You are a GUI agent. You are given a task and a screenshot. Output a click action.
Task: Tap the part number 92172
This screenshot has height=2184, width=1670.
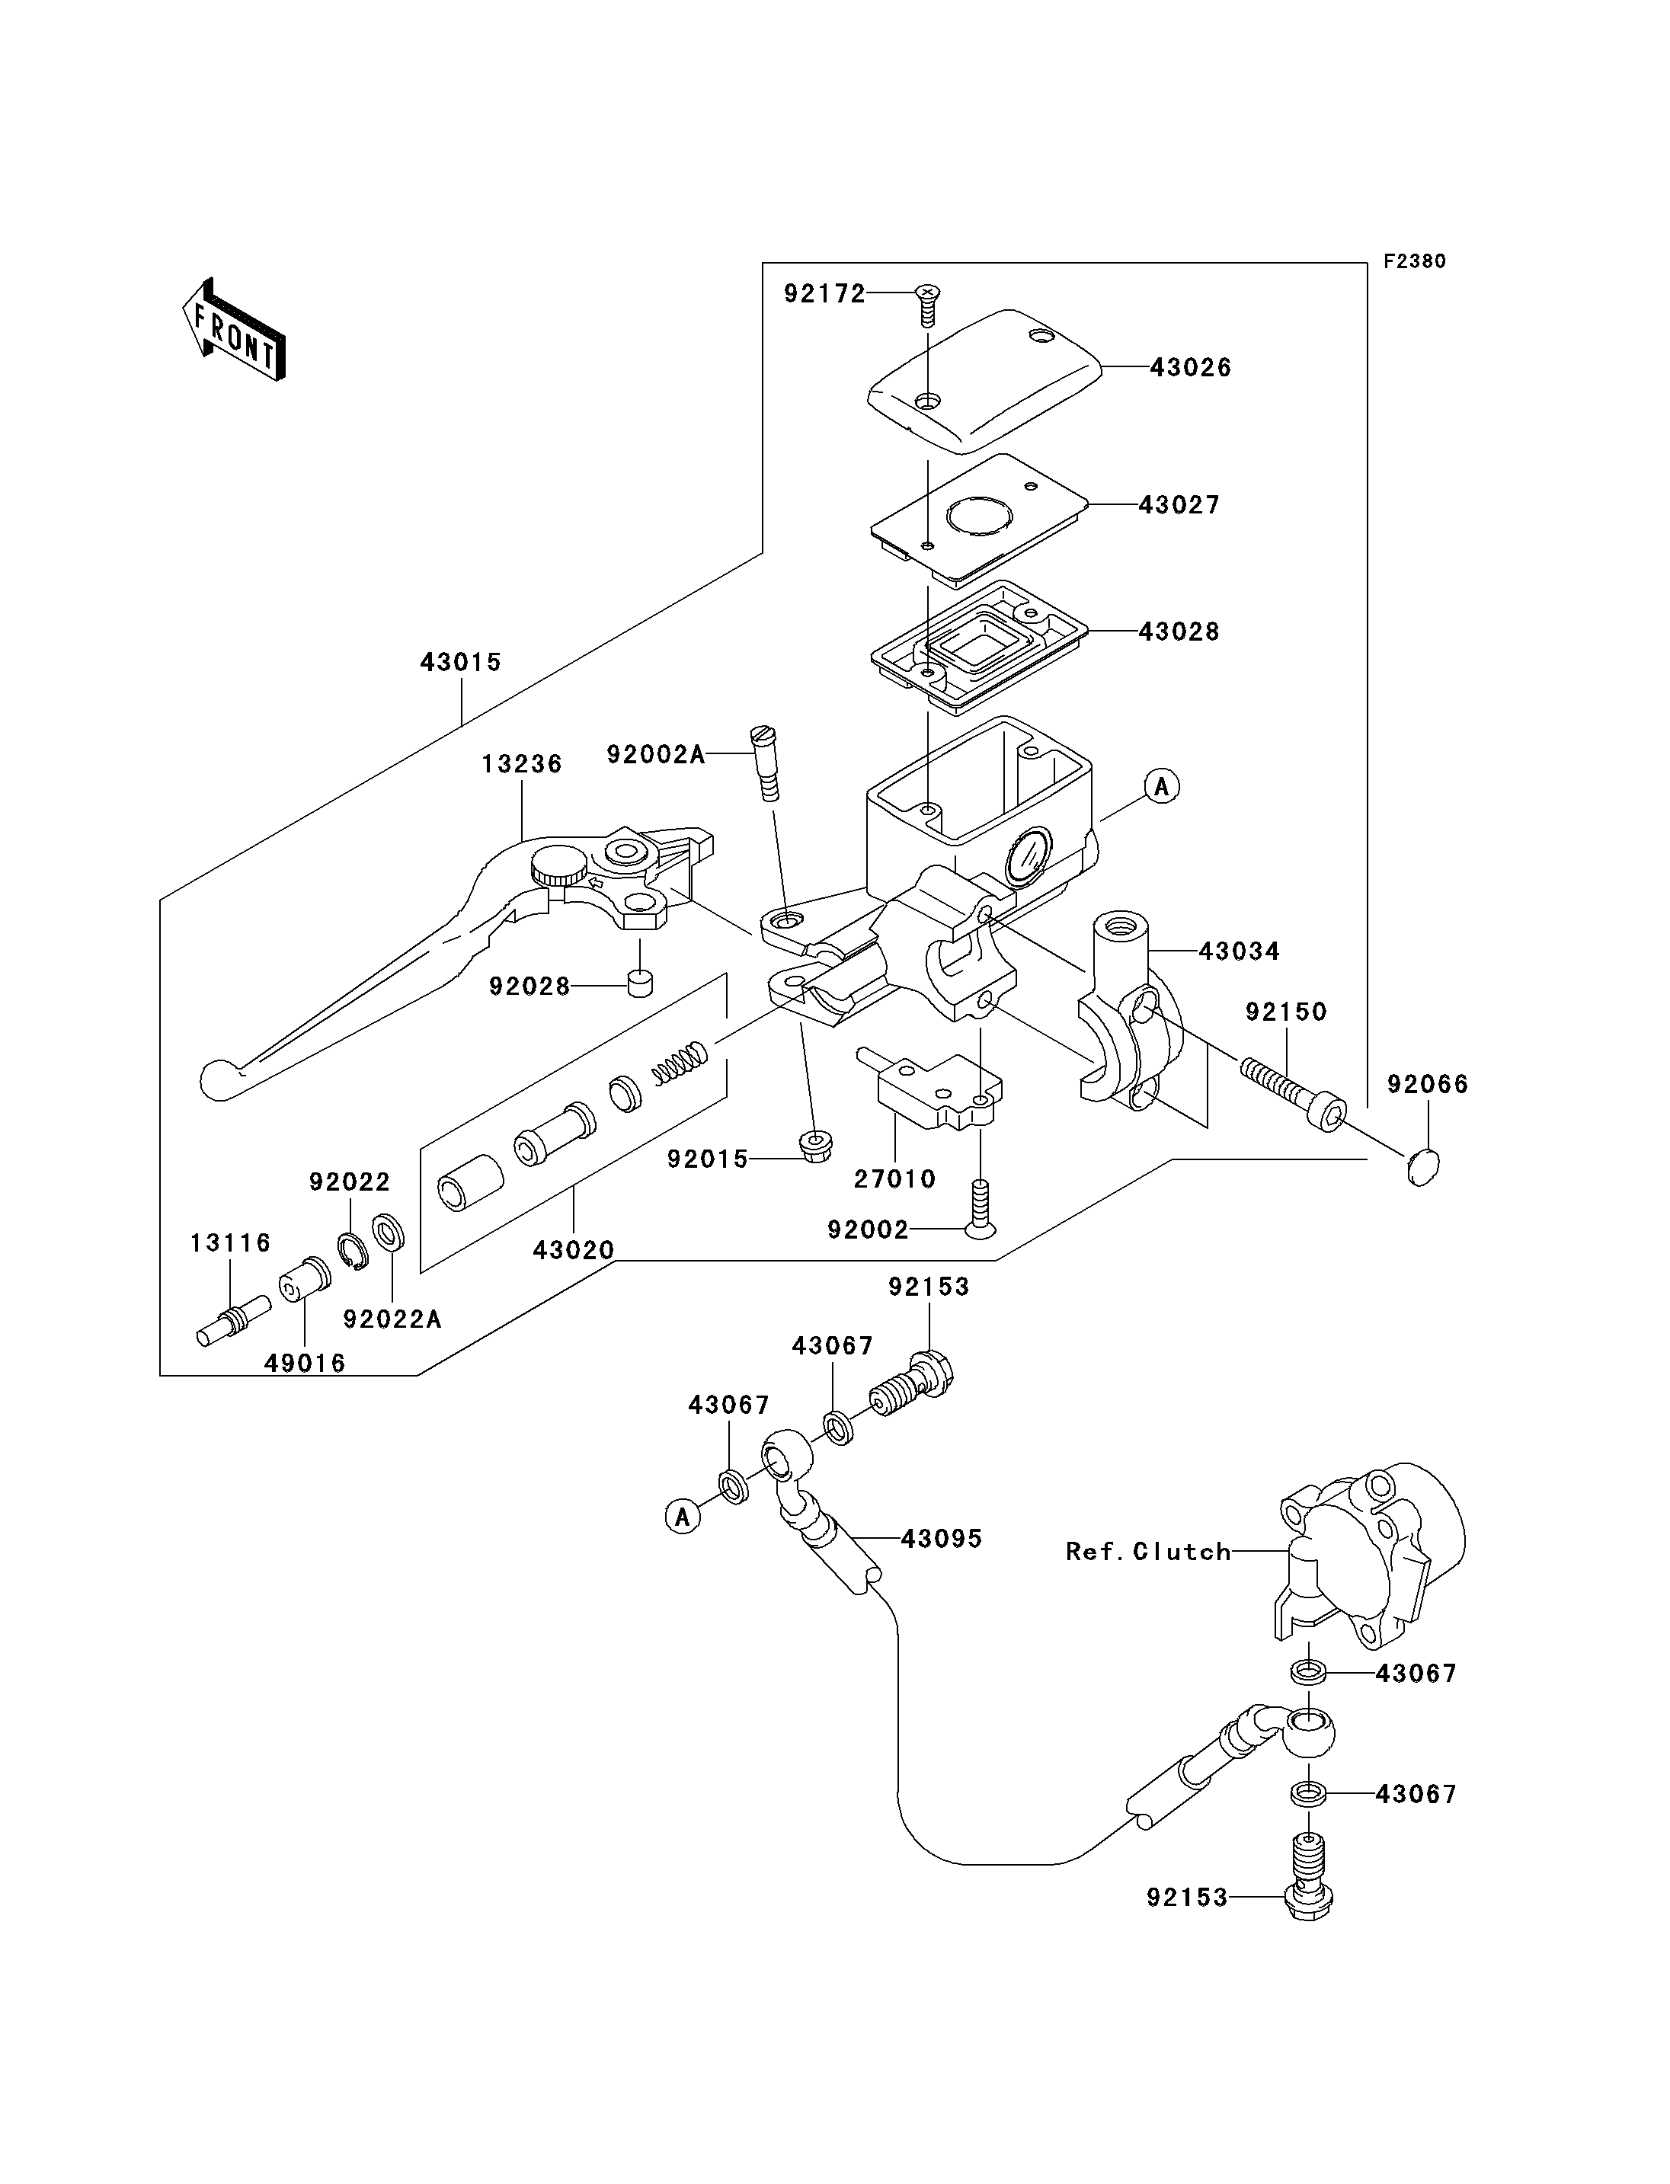point(824,294)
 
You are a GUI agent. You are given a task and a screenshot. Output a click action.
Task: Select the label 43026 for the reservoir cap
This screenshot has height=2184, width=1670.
point(1190,368)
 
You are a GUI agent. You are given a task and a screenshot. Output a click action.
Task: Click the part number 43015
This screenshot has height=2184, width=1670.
point(460,662)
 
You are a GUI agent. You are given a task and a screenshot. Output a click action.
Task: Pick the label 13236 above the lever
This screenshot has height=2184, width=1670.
point(522,765)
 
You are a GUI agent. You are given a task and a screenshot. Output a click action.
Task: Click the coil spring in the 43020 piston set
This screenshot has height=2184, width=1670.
point(679,1062)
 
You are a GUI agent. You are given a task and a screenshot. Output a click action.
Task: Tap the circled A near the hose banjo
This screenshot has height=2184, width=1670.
point(683,1517)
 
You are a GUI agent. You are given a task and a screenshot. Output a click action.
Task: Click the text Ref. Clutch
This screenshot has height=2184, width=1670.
point(1147,1552)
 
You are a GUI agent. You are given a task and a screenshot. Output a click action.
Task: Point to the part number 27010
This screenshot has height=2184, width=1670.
point(894,1179)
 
